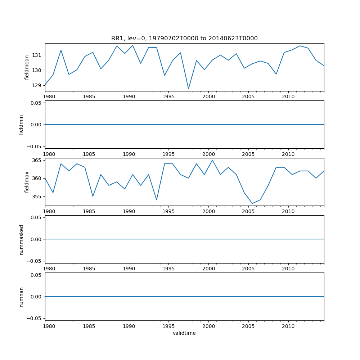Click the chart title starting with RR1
[184, 39]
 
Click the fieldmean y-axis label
[27, 67]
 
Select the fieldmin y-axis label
[21, 125]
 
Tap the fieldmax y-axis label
[27, 182]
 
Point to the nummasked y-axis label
[21, 239]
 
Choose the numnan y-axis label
[21, 297]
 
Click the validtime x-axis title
[184, 333]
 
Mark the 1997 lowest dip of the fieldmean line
[188, 89]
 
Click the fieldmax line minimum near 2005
[252, 203]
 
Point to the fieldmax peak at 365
[212, 160]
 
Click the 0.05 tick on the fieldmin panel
[36, 103]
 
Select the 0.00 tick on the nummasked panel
[36, 239]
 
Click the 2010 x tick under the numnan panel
[288, 327]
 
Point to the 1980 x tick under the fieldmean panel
[49, 97]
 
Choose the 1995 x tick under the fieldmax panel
[168, 212]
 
